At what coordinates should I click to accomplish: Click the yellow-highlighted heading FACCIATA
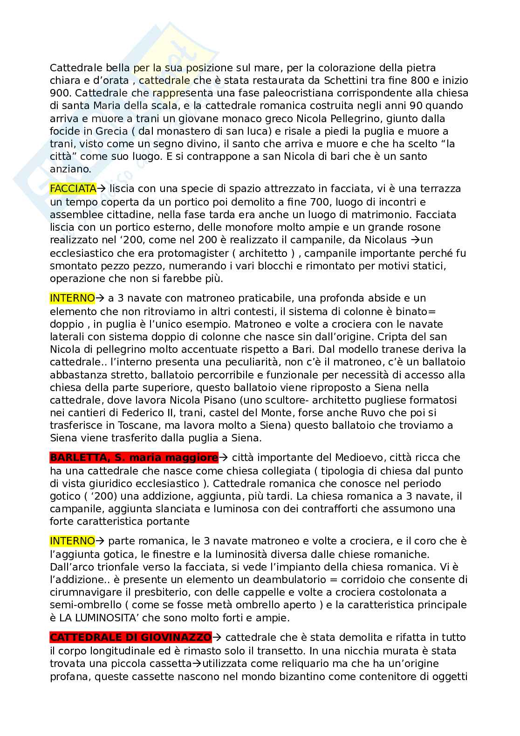(x=73, y=189)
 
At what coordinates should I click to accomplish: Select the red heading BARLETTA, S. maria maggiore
(x=134, y=458)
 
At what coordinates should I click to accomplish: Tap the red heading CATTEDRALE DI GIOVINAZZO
(x=130, y=637)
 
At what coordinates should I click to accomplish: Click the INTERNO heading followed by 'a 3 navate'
(x=72, y=298)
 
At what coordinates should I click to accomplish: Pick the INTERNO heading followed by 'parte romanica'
(x=72, y=541)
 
